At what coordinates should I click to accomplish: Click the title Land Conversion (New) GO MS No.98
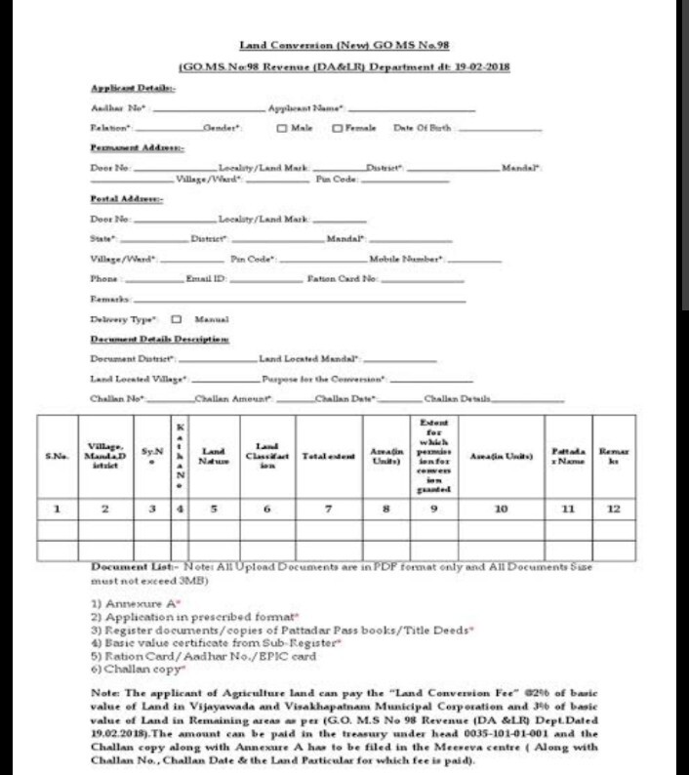click(x=344, y=46)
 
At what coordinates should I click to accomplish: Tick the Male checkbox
click(x=281, y=128)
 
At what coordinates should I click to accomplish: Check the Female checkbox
click(x=338, y=128)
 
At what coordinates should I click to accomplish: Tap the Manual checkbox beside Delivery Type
click(x=177, y=319)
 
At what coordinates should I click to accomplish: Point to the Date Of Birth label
click(x=424, y=128)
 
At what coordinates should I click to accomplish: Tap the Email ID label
click(x=206, y=279)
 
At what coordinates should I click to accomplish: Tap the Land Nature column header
click(x=213, y=456)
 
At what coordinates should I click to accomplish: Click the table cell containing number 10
click(x=501, y=509)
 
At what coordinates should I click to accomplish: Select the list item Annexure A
click(x=131, y=603)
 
